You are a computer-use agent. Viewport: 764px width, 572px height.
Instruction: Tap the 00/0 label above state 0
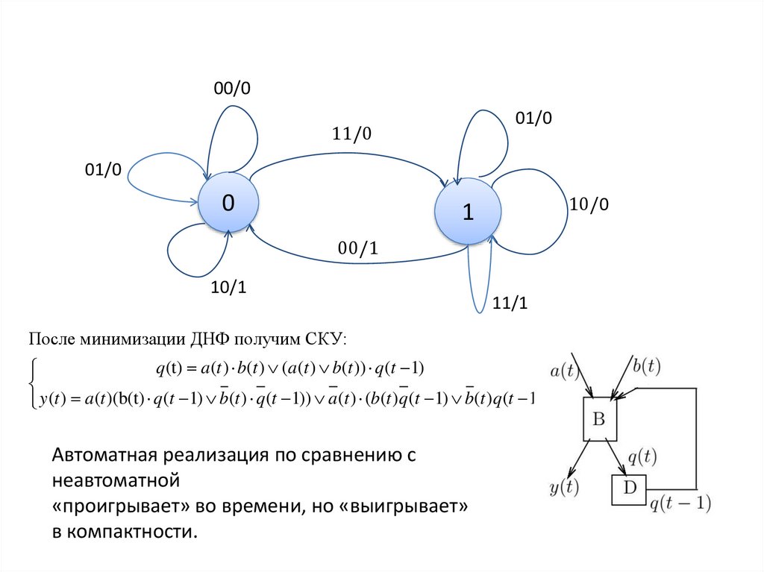pos(232,89)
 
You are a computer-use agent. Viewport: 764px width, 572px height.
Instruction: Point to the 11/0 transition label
pos(351,133)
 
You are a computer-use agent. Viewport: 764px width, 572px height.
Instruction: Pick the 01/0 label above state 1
pos(533,118)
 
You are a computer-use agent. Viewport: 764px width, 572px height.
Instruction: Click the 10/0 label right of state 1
pos(589,204)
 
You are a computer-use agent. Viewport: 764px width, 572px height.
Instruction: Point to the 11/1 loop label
pos(510,304)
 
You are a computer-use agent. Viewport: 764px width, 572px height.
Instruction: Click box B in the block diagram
pos(599,419)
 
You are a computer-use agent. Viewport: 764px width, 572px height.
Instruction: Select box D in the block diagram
pos(630,489)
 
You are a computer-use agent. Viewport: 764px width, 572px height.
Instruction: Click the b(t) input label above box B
pos(646,365)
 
